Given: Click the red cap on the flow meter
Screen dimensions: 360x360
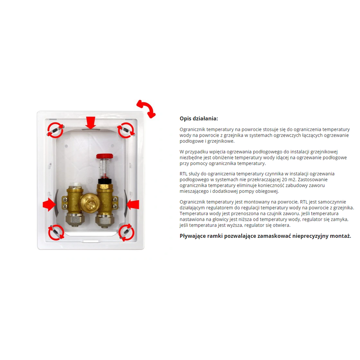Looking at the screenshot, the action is (x=105, y=156).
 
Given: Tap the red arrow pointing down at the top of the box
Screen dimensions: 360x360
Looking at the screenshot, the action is (x=90, y=123).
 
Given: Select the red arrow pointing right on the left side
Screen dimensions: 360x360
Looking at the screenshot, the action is (x=49, y=204).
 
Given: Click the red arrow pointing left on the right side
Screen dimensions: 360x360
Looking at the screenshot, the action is (x=133, y=204).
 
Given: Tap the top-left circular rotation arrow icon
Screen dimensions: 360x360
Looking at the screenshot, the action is (x=56, y=130).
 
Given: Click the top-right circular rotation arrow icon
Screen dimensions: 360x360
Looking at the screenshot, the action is (x=126, y=130).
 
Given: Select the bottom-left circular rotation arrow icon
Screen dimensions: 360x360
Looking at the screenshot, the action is (x=56, y=232).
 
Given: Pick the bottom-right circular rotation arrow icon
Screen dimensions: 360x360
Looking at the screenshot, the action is (x=126, y=232).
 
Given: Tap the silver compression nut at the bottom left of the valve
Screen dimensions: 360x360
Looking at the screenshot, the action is (x=74, y=220).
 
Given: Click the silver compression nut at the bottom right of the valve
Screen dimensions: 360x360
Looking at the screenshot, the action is (x=104, y=220).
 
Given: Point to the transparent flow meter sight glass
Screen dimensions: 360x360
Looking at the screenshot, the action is (x=104, y=168).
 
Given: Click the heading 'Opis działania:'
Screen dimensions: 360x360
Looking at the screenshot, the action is (x=199, y=118).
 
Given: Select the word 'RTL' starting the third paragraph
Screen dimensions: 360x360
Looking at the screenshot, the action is (x=183, y=174).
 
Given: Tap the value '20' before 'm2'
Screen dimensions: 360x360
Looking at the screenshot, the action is (x=284, y=180).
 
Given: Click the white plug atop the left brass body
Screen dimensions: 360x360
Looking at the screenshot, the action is (x=75, y=185).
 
